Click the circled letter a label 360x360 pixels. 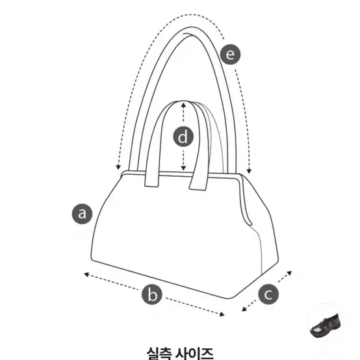click(x=82, y=214)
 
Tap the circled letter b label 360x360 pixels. click(x=152, y=294)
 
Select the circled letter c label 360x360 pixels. click(x=268, y=294)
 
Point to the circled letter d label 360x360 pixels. click(x=183, y=137)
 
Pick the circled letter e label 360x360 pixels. click(x=230, y=55)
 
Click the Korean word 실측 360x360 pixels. click(x=159, y=354)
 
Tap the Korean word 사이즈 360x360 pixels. click(x=194, y=354)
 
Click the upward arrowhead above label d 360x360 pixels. click(x=183, y=105)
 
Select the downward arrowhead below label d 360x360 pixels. click(x=183, y=168)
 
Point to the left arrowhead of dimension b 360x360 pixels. click(x=86, y=274)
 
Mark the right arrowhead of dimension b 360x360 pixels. click(x=222, y=315)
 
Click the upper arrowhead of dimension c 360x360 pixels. click(x=290, y=273)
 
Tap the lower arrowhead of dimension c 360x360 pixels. click(x=244, y=309)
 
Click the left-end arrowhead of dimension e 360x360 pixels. click(x=118, y=167)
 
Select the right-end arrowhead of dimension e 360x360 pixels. click(x=249, y=171)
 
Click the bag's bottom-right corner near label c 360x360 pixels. click(x=232, y=298)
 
